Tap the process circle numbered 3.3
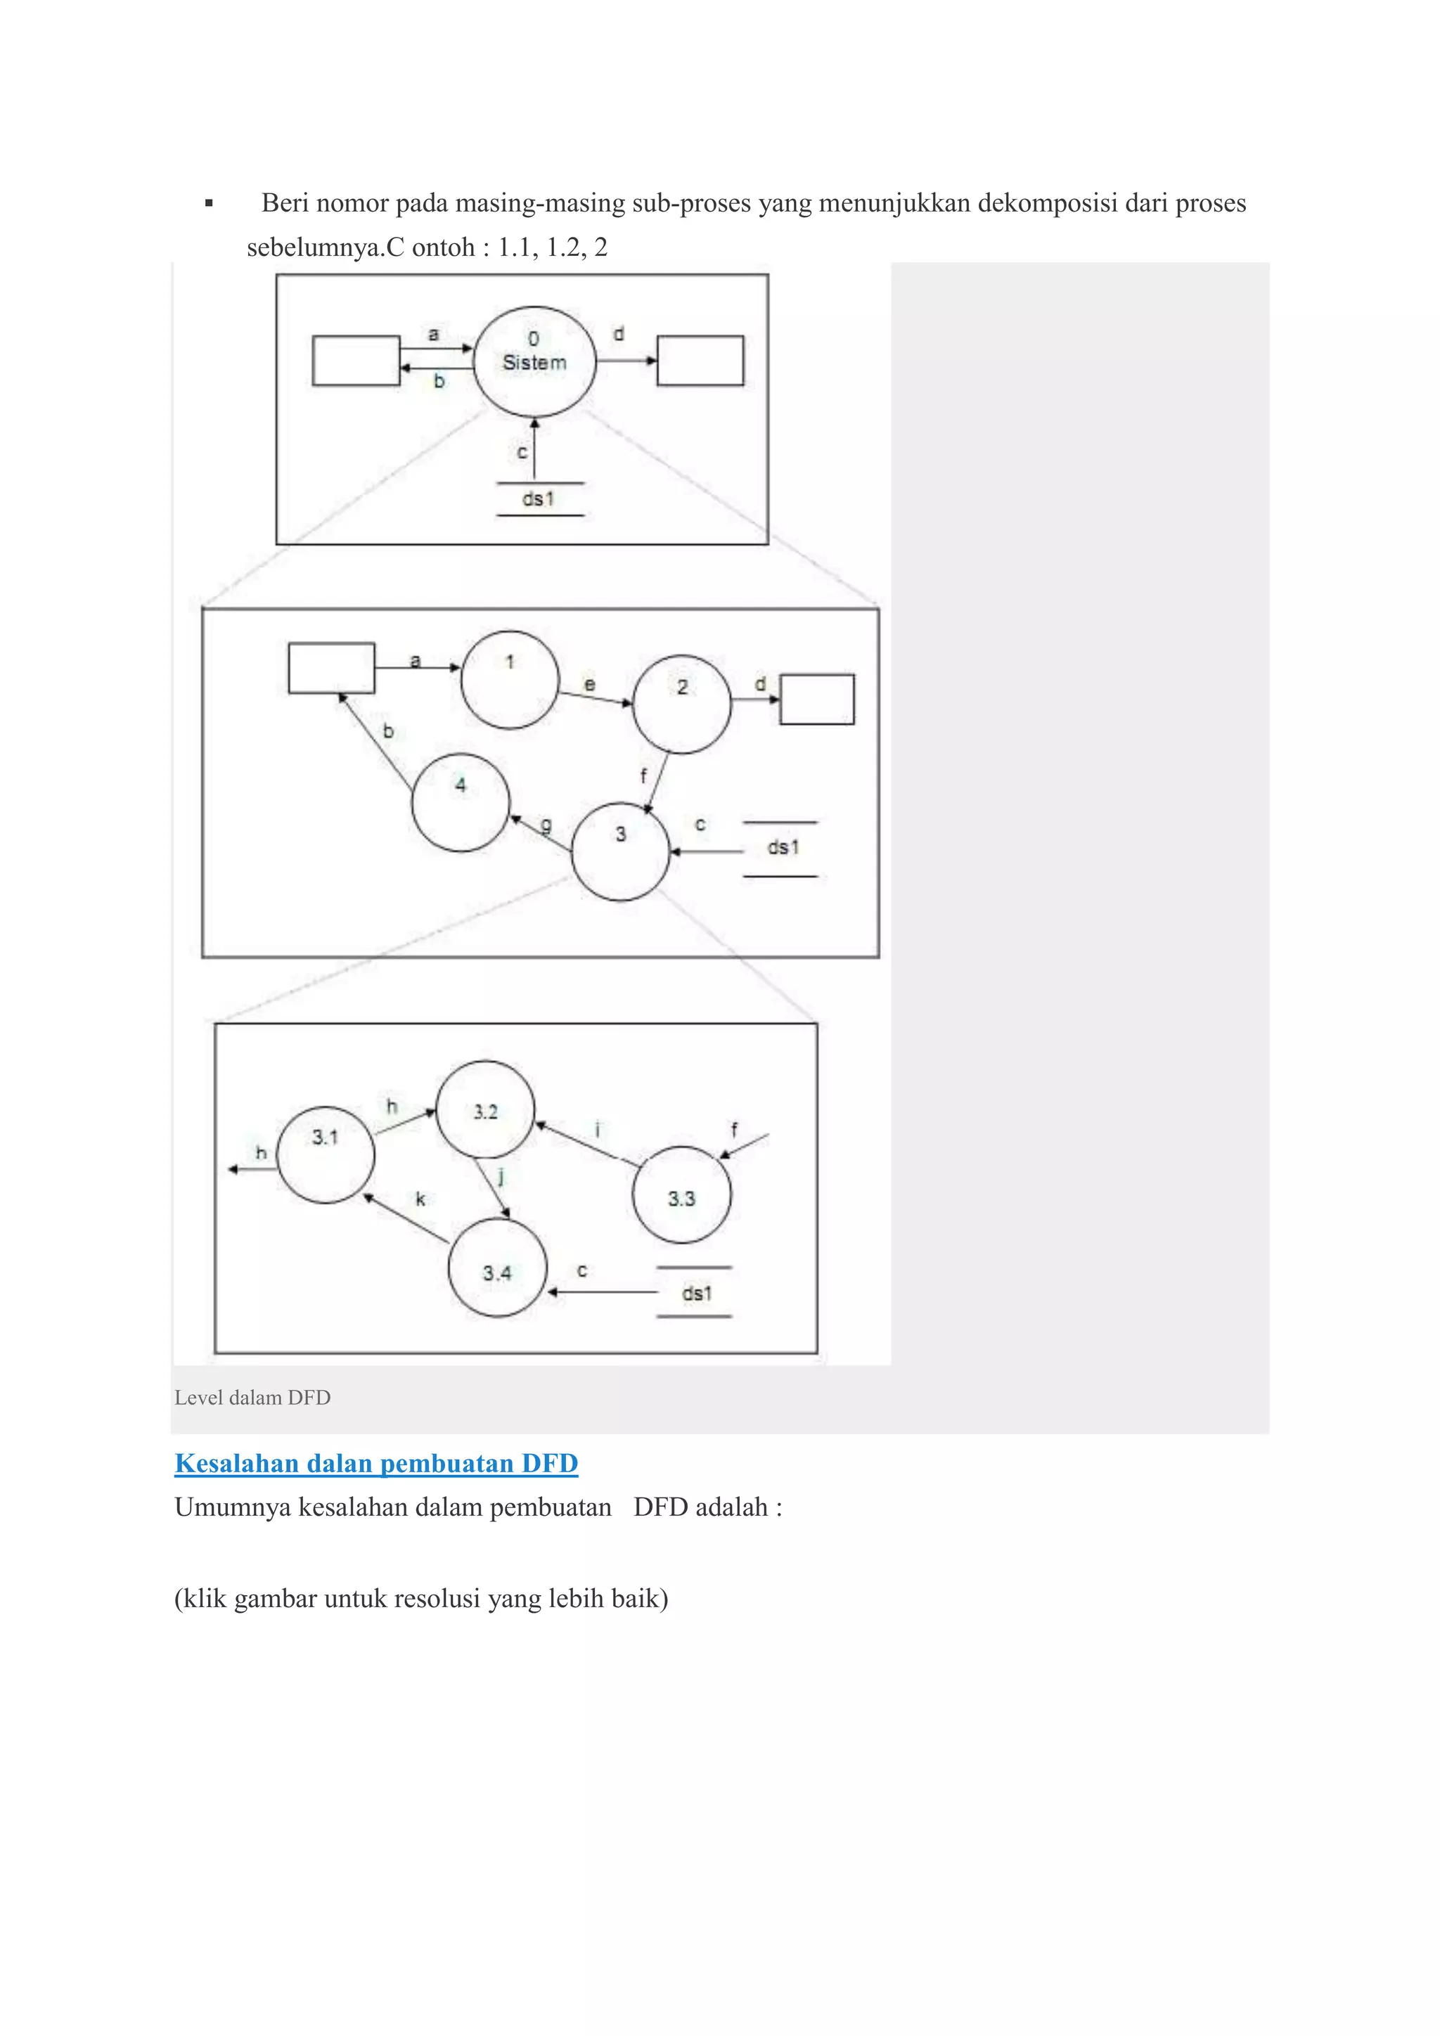click(x=681, y=1194)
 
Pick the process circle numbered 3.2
click(x=485, y=1109)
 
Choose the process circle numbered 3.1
click(x=326, y=1154)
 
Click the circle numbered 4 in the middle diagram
click(x=461, y=801)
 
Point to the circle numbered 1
click(x=510, y=679)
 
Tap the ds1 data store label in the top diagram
click(x=538, y=499)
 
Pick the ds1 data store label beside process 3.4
click(x=696, y=1293)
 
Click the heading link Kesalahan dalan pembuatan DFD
click(x=376, y=1463)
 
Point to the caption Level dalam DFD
click(x=252, y=1398)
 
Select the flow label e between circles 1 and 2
click(x=590, y=685)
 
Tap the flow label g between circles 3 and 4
click(x=546, y=825)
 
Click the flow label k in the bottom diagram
click(x=420, y=1199)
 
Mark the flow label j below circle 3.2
click(x=501, y=1176)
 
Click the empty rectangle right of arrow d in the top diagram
click(x=700, y=360)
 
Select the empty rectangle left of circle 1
click(x=332, y=668)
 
